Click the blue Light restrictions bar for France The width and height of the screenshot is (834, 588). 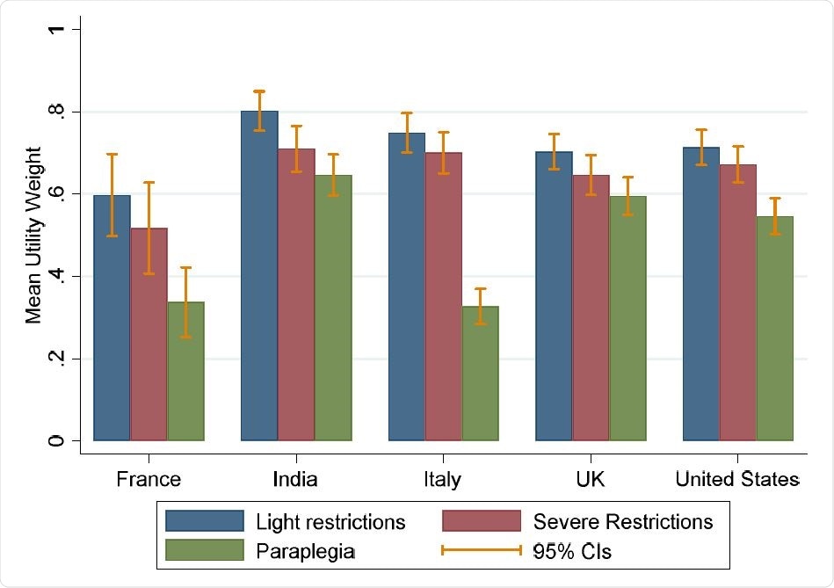112,317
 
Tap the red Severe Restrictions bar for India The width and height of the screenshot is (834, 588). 296,294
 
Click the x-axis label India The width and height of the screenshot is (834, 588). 295,479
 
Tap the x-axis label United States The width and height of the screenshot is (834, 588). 737,479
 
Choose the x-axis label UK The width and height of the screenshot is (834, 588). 591,479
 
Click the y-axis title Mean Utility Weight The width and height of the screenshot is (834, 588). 33,236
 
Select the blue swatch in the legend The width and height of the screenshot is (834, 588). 205,521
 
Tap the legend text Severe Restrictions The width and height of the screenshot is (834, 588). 623,521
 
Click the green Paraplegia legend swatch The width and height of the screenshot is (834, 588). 205,551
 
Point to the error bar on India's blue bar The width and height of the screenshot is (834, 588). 259,110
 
